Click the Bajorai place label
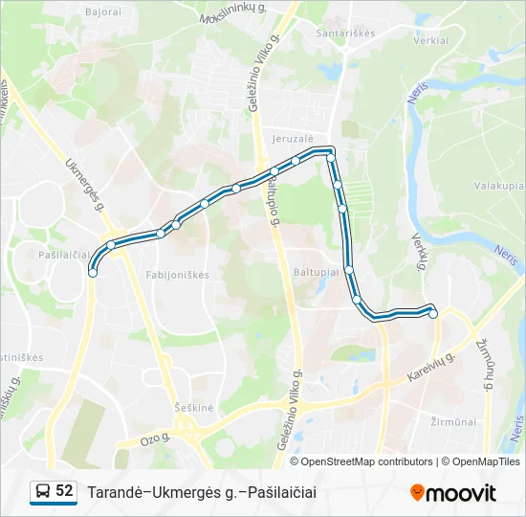[103, 12]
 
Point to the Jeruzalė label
[293, 139]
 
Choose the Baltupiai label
[317, 272]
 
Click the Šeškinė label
[194, 406]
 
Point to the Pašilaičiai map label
[66, 256]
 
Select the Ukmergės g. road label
[83, 179]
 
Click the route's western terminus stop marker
[92, 273]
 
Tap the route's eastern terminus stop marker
[433, 313]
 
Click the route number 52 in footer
[64, 490]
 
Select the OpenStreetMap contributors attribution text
[367, 461]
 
